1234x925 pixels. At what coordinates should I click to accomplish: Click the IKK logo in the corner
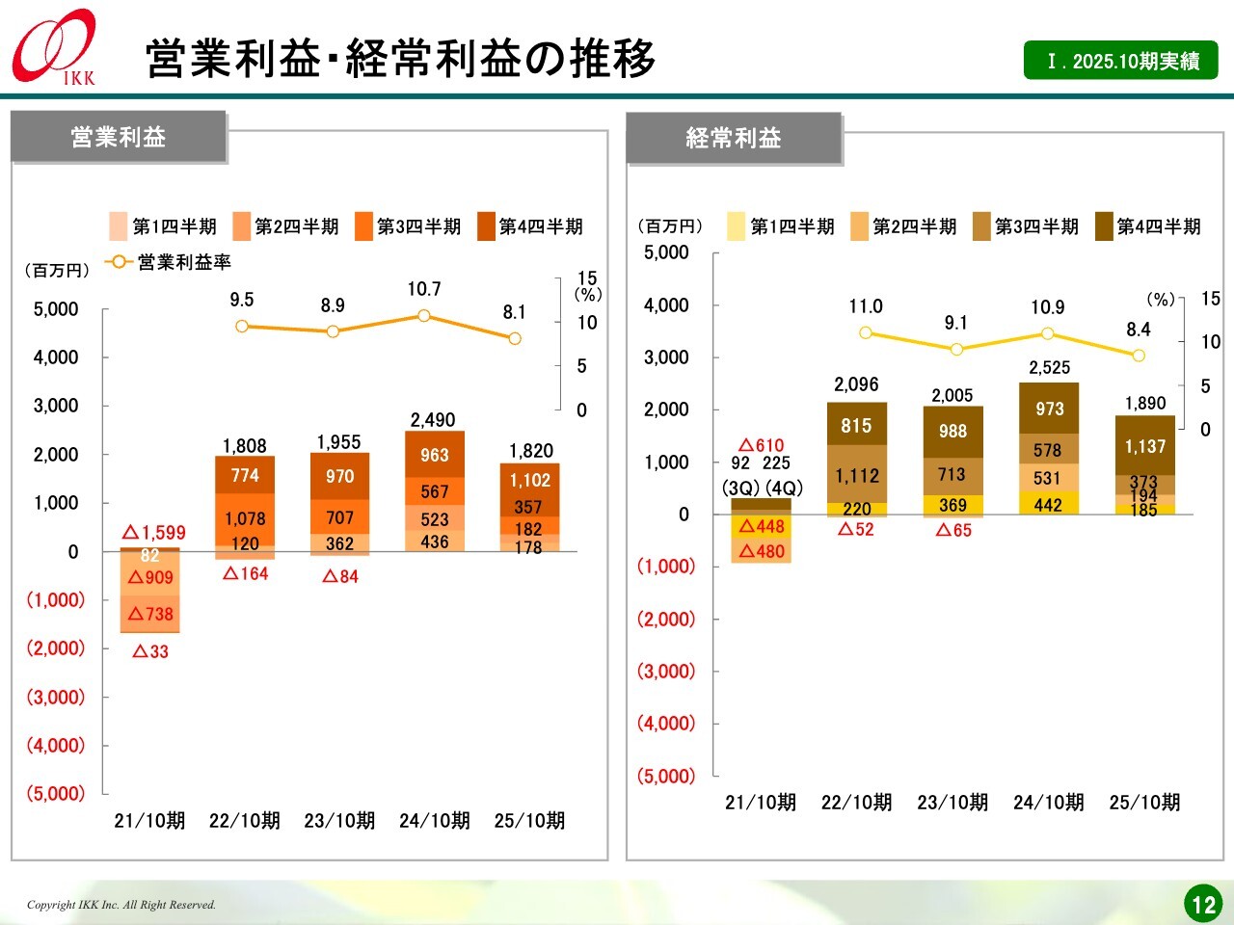pos(55,47)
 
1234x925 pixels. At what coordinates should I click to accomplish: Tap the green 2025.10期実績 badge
pos(1120,61)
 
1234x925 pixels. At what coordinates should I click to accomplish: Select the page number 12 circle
pos(1203,904)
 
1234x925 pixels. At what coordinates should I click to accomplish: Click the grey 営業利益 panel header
pos(119,137)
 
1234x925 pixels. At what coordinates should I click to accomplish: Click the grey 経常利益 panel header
pos(734,138)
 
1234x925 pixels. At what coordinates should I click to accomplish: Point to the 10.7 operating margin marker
pos(423,315)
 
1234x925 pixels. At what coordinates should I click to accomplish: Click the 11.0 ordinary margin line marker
pos(866,332)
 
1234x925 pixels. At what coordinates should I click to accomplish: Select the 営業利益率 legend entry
pos(171,262)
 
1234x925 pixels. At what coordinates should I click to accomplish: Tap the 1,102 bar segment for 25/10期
pos(529,480)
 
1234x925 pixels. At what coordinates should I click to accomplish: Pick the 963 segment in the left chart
pos(435,455)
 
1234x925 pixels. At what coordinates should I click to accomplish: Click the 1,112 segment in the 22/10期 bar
pos(857,475)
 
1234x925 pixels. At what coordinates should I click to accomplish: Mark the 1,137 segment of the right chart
pos(1145,446)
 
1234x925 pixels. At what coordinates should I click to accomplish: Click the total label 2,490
pos(433,420)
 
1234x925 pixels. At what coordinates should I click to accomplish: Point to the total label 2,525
pos(1049,368)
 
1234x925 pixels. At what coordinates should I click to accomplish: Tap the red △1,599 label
pos(154,533)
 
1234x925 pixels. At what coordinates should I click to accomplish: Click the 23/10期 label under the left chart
pos(339,821)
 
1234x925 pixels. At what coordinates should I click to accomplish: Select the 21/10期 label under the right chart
pos(761,803)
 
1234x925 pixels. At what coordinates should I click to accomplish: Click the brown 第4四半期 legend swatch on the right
pos(1104,226)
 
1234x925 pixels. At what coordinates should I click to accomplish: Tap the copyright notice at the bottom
pos(121,905)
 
